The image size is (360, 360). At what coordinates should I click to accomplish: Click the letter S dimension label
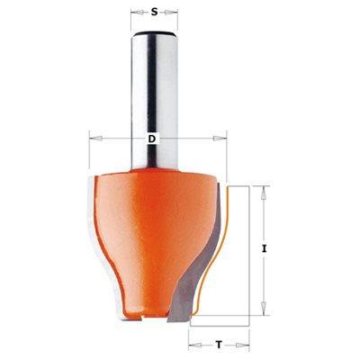[x=154, y=12]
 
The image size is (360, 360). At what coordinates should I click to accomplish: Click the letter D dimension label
[x=152, y=139]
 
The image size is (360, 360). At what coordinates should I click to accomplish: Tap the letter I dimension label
[x=264, y=248]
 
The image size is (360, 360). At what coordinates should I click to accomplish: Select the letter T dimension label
[x=219, y=346]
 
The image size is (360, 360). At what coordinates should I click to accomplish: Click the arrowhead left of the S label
[x=138, y=13]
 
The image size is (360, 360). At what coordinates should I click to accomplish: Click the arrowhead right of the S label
[x=170, y=13]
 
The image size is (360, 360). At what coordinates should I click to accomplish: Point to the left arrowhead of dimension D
[x=96, y=139]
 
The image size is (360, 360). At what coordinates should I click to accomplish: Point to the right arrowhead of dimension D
[x=220, y=139]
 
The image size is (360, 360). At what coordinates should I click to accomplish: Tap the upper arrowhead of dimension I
[x=263, y=193]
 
